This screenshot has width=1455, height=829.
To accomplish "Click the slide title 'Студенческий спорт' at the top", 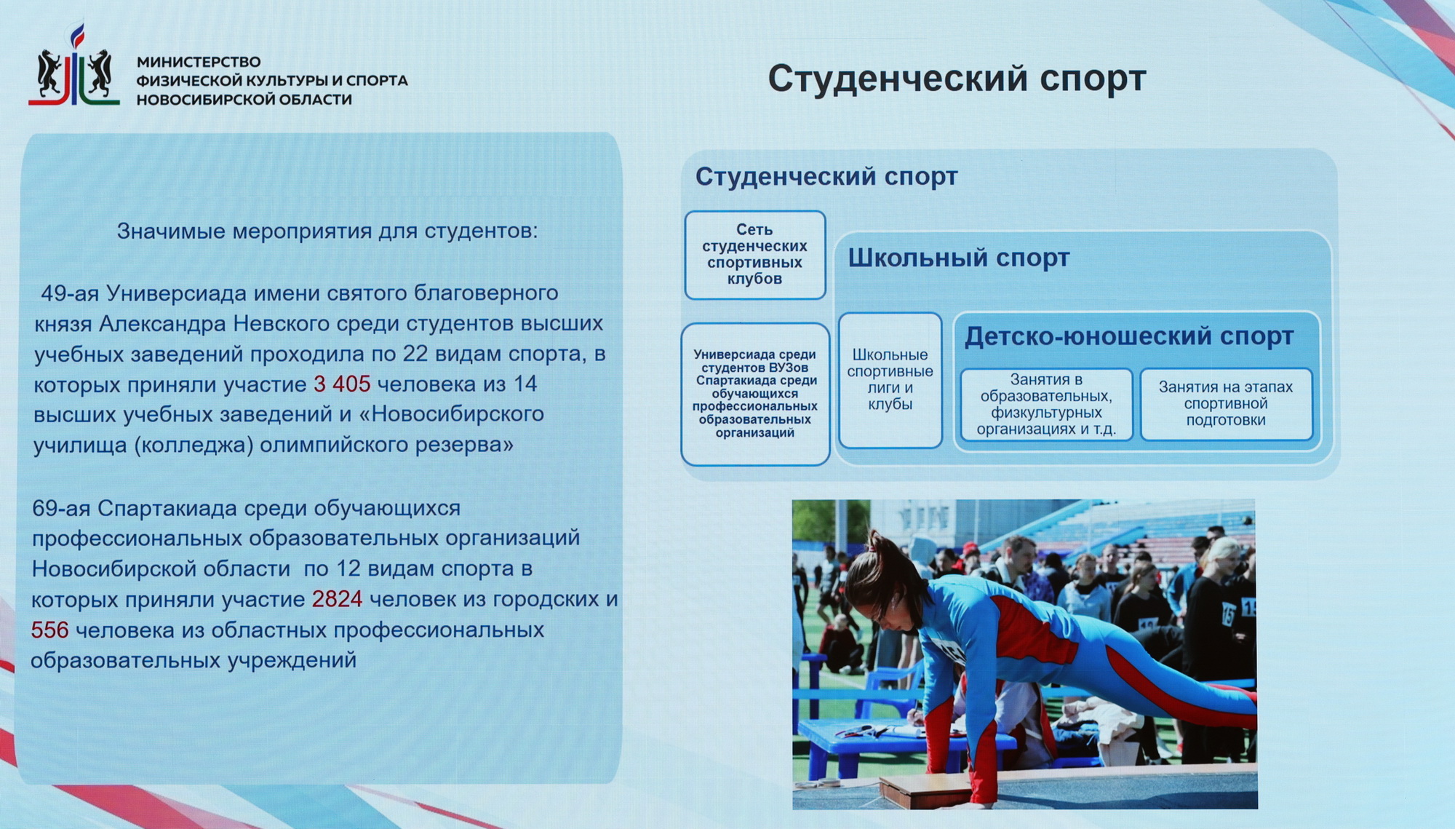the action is click(957, 79).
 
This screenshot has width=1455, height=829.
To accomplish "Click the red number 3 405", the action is click(342, 384).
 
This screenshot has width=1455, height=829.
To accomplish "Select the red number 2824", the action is click(337, 599).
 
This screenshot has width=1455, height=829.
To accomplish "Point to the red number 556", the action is click(49, 630).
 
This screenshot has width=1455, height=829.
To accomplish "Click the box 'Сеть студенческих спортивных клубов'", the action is click(755, 255).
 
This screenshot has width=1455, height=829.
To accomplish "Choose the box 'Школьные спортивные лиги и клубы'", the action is click(890, 380).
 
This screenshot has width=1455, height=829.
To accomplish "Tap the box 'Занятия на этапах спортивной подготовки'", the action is click(1226, 404).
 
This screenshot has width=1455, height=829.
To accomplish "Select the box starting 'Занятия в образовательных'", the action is click(1046, 404).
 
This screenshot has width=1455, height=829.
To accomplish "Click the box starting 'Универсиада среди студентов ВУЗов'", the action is click(755, 394).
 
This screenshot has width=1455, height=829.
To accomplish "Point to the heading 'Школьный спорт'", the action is click(959, 258).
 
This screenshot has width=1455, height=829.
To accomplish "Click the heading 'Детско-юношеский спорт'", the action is click(1129, 336).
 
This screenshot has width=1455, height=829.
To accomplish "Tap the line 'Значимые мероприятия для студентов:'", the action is click(327, 231).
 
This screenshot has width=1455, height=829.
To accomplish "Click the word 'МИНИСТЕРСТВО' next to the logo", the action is click(199, 62).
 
